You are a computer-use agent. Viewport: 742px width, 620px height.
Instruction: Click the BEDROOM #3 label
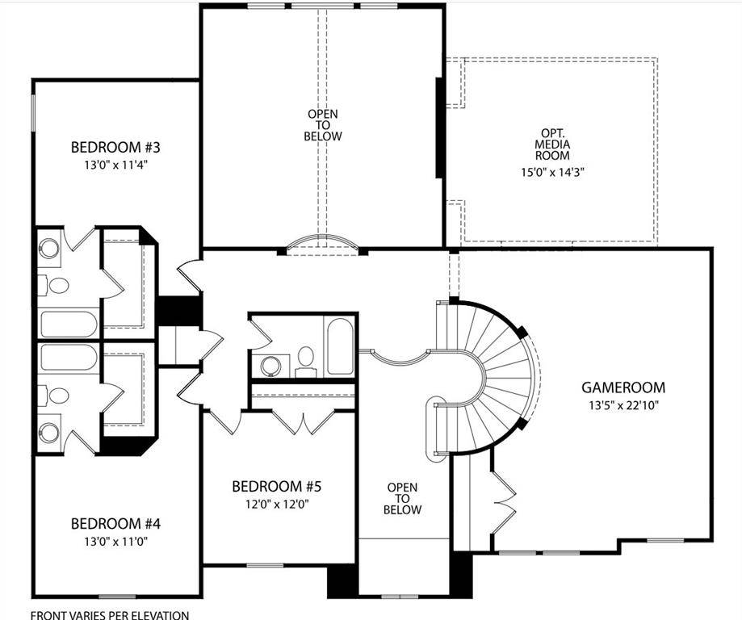pyautogui.click(x=116, y=147)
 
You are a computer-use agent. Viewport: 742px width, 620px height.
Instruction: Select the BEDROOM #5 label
pyautogui.click(x=277, y=487)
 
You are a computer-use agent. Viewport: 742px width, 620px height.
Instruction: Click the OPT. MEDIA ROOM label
pyautogui.click(x=556, y=145)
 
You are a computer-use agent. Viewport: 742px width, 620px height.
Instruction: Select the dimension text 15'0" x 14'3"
pyautogui.click(x=556, y=171)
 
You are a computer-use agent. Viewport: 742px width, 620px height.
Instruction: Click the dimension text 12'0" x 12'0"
pyautogui.click(x=277, y=505)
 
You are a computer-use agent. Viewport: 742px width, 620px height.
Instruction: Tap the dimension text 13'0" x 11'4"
pyautogui.click(x=116, y=165)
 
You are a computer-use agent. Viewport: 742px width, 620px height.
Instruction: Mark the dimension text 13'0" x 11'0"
pyautogui.click(x=116, y=541)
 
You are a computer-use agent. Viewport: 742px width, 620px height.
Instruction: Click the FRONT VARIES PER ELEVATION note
pyautogui.click(x=110, y=615)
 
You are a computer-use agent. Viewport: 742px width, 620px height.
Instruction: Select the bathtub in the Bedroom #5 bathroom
pyautogui.click(x=340, y=346)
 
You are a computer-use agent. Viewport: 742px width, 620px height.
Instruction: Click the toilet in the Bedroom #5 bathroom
pyautogui.click(x=306, y=359)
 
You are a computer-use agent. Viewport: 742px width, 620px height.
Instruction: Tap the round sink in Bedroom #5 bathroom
pyautogui.click(x=271, y=366)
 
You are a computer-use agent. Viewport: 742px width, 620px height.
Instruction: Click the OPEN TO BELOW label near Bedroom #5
pyautogui.click(x=402, y=498)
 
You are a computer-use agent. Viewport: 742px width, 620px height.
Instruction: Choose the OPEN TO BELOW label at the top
pyautogui.click(x=323, y=125)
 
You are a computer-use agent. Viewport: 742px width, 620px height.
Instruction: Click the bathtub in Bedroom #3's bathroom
pyautogui.click(x=69, y=325)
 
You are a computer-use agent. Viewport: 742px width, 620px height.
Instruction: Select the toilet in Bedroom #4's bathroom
pyautogui.click(x=58, y=396)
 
